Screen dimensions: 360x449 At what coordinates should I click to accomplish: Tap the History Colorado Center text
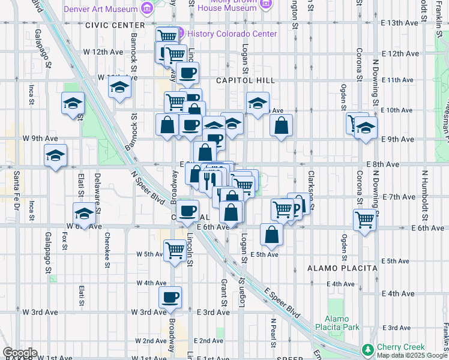(x=232, y=34)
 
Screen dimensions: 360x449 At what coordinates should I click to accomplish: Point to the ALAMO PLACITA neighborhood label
(x=342, y=268)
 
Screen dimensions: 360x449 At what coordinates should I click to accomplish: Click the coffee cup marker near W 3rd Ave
(x=170, y=297)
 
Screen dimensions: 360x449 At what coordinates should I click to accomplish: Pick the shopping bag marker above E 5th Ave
(x=272, y=235)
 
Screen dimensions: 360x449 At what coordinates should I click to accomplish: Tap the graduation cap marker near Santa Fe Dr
(x=55, y=156)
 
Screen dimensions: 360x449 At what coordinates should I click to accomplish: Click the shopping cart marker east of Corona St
(x=364, y=220)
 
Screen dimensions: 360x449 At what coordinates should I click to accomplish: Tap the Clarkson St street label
(x=311, y=186)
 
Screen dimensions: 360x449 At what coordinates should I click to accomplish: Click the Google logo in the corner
(x=19, y=353)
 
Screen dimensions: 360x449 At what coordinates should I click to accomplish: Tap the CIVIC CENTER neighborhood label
(x=115, y=25)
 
